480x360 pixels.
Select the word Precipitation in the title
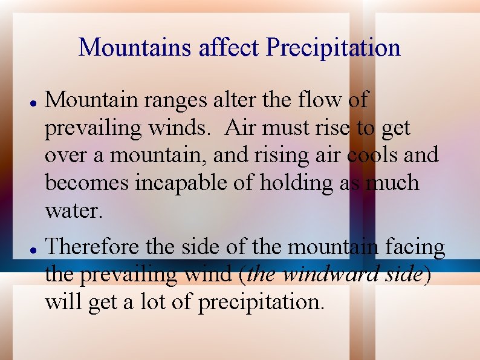point(333,47)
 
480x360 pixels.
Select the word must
point(286,128)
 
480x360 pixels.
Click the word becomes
point(86,183)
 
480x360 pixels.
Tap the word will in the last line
point(63,301)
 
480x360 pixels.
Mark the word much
point(392,183)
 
